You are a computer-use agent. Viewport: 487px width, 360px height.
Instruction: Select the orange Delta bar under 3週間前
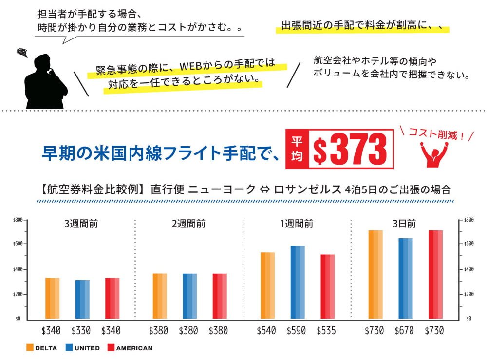(52, 299)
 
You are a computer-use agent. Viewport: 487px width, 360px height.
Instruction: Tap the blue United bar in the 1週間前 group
(297, 283)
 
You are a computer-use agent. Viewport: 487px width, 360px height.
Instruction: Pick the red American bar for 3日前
(435, 275)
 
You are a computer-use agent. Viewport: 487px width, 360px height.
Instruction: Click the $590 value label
(296, 331)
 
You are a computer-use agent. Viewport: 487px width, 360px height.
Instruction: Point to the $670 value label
(404, 331)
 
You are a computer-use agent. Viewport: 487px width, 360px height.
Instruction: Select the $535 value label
(326, 331)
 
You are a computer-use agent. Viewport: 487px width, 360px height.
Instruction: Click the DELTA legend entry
(43, 348)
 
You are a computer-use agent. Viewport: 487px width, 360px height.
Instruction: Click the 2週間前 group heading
(188, 224)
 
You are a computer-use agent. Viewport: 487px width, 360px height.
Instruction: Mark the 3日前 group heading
(404, 224)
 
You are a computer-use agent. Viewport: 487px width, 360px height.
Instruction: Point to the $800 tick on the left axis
(18, 220)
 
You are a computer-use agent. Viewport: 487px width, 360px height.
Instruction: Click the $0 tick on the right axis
(468, 319)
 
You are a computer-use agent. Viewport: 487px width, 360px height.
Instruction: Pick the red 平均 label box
(297, 149)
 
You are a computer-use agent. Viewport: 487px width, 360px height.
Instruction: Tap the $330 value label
(81, 331)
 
